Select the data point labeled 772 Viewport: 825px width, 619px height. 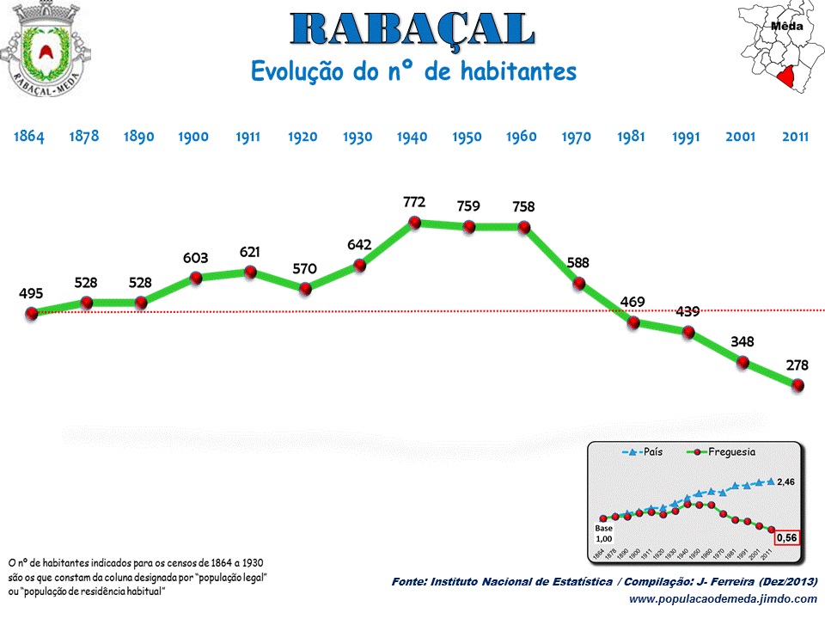tap(414, 223)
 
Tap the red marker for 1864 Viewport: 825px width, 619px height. tap(32, 314)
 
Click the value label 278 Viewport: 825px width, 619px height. tap(797, 365)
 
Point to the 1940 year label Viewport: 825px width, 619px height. tap(412, 137)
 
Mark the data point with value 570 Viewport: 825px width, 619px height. tap(305, 289)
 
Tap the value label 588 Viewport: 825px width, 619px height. tap(577, 263)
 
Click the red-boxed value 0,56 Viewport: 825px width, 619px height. tap(787, 538)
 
